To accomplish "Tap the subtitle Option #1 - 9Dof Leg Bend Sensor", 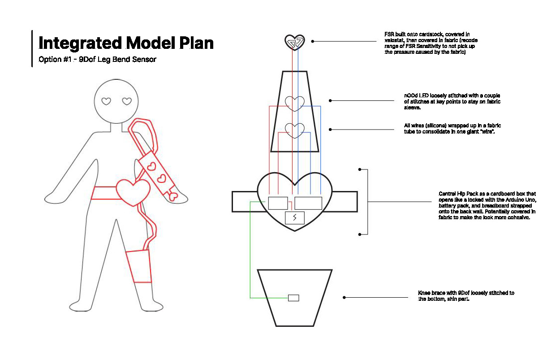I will [x=97, y=59].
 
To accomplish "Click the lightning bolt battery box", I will [x=295, y=218].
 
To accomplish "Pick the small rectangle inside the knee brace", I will [x=293, y=298].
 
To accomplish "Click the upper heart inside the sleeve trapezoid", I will [x=295, y=104].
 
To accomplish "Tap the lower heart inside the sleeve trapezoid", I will [x=295, y=130].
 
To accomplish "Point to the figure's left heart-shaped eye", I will [x=106, y=101].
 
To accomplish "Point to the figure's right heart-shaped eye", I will [x=127, y=101].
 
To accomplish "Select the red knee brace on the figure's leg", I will [x=139, y=266].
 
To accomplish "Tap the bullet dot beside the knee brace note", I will [x=344, y=297].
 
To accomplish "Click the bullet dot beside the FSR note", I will [x=313, y=41].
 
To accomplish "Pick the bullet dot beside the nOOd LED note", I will [x=331, y=100].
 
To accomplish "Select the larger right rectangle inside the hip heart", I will [x=308, y=203].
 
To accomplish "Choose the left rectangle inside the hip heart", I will [x=278, y=203].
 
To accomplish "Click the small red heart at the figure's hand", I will [x=174, y=195].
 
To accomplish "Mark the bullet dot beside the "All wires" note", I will [x=331, y=130].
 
